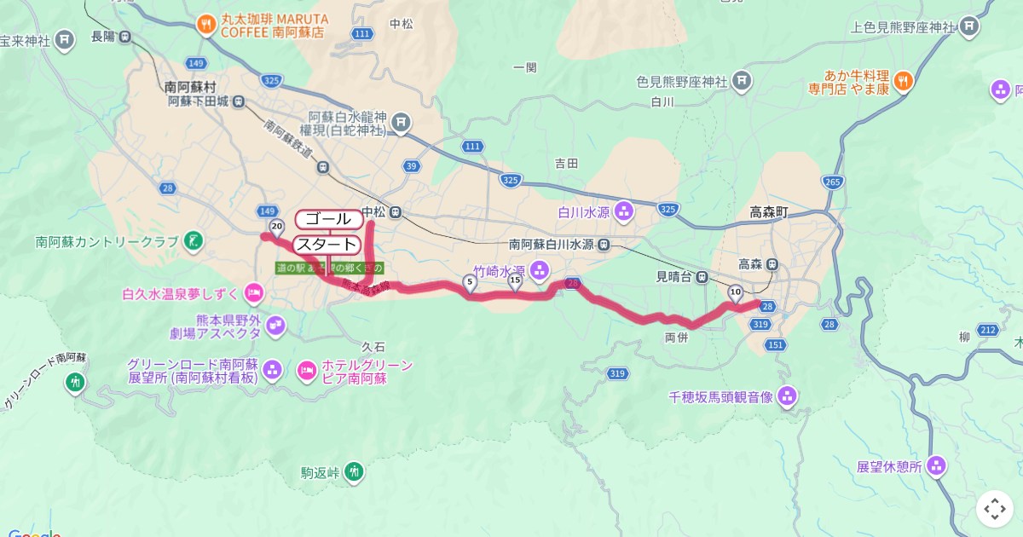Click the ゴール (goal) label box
click(x=327, y=219)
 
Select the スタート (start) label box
click(x=327, y=245)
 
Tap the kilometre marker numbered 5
click(x=470, y=280)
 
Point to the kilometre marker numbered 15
click(x=515, y=280)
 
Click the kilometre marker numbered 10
click(x=735, y=292)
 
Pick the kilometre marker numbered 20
click(x=276, y=227)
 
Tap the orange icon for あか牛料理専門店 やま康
click(x=905, y=82)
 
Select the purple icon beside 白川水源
click(x=624, y=210)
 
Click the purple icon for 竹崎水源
click(x=539, y=270)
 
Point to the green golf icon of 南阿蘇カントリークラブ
click(x=194, y=241)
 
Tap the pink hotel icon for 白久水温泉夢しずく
click(x=253, y=294)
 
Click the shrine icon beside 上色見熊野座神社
click(x=968, y=27)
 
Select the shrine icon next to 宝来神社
click(x=65, y=40)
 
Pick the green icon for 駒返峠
click(x=354, y=471)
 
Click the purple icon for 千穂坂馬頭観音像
click(x=787, y=396)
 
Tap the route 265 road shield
click(x=833, y=182)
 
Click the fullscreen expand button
click(x=995, y=509)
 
